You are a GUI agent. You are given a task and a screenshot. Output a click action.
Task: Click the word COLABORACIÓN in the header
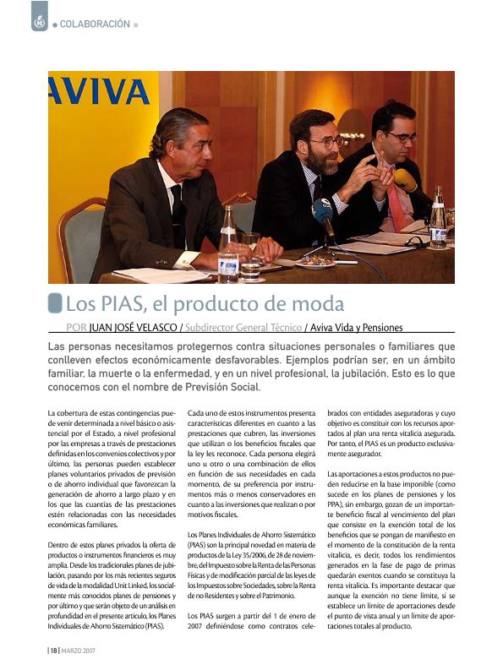[x=95, y=24]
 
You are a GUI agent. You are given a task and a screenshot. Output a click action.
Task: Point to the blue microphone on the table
[x=323, y=210]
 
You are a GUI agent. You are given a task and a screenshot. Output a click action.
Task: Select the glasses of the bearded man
[x=325, y=143]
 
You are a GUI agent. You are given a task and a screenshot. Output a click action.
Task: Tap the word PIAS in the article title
[x=133, y=303]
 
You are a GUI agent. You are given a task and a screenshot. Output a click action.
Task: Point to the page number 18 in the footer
[x=52, y=651]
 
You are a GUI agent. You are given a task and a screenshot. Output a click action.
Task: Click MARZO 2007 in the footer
[x=78, y=651]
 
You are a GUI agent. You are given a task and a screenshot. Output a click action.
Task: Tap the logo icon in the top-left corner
[x=40, y=16]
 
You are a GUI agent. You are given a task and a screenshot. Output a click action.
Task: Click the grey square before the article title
[x=55, y=302]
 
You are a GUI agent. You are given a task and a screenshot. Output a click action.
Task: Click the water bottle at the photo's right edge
[x=437, y=220]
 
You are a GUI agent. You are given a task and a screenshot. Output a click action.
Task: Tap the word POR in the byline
[x=76, y=328]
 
